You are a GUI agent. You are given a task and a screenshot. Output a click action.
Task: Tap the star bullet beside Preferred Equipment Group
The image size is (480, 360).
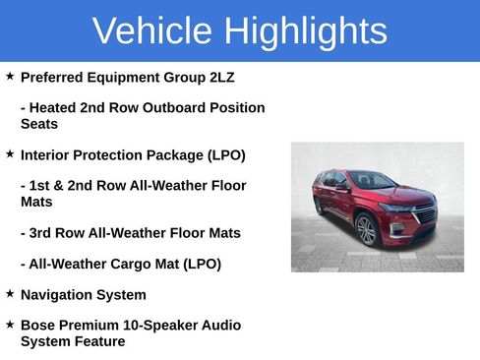coord(10,76)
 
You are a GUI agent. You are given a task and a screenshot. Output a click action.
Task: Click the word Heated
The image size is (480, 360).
coord(55,107)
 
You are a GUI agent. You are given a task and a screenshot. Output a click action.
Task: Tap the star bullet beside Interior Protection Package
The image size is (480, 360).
coord(10,154)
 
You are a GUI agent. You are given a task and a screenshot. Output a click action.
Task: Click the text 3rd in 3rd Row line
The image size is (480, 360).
coord(44,233)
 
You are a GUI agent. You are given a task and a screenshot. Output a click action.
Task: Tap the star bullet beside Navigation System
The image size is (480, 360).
coord(10,293)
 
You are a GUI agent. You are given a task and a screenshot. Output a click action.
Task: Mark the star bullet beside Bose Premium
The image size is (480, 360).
coord(10,324)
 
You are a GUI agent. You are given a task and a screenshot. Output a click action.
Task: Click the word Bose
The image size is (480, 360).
coord(38,325)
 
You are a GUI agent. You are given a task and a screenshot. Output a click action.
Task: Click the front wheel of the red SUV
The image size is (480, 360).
coord(366,231)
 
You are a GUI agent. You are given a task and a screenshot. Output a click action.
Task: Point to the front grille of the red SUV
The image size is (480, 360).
coord(424,214)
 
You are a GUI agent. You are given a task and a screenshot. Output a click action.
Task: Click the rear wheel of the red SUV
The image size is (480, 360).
coord(319,206)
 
